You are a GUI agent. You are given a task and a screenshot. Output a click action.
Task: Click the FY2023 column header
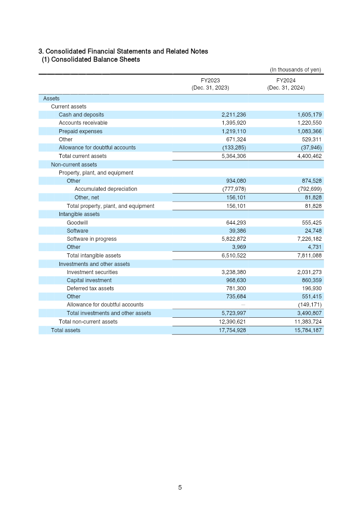(210, 84)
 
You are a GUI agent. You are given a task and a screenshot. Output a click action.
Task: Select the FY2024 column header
(286, 84)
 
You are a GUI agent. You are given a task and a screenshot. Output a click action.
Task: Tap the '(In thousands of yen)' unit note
(295, 70)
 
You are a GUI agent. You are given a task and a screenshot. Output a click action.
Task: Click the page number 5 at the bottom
(180, 487)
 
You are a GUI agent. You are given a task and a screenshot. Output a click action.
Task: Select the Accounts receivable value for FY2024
(308, 123)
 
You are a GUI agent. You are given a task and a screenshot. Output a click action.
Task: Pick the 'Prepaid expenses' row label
(81, 131)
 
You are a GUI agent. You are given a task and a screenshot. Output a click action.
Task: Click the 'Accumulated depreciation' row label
(106, 189)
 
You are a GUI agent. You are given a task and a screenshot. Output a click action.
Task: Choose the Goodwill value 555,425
(308, 223)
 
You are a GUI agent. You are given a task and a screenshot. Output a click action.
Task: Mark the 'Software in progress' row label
(91, 239)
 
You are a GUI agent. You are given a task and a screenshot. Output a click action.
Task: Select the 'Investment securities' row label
(92, 272)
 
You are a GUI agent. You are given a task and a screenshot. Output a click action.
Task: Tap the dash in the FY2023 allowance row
(243, 305)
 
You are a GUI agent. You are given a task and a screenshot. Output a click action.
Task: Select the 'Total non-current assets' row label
(88, 322)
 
